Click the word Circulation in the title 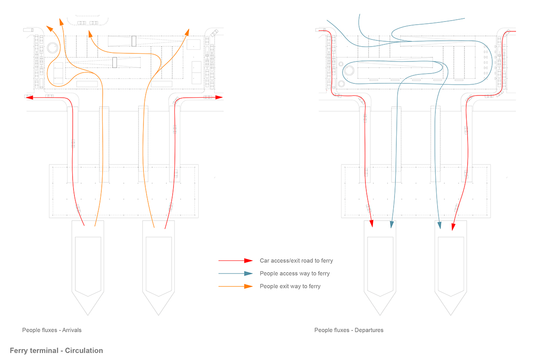[x=84, y=351]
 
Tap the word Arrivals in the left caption [x=72, y=330]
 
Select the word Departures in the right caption [x=369, y=330]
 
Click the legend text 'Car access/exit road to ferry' [x=296, y=261]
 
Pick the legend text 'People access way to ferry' [x=295, y=273]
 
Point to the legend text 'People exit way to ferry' [x=290, y=286]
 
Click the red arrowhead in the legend [x=248, y=260]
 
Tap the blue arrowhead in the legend [x=248, y=273]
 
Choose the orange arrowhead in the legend [x=248, y=286]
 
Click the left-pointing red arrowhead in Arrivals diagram [x=29, y=97]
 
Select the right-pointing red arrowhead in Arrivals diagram [x=219, y=97]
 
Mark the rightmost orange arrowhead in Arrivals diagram [x=187, y=32]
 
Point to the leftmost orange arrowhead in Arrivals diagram [x=49, y=29]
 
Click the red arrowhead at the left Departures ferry [x=371, y=223]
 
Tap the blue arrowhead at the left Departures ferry [x=392, y=225]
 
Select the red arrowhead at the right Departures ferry [x=453, y=227]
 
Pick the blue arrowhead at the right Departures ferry [x=439, y=225]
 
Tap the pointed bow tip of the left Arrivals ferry [x=88, y=315]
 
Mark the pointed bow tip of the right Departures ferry [x=451, y=315]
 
